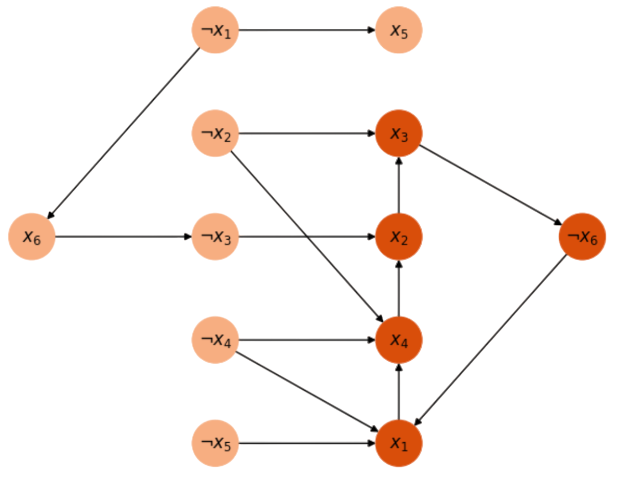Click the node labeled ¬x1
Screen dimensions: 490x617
point(215,30)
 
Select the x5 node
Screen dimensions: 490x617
point(399,30)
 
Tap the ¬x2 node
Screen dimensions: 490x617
point(215,134)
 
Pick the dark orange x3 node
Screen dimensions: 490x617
point(399,134)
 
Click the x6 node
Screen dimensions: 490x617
point(31,236)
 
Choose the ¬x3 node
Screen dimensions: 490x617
point(215,236)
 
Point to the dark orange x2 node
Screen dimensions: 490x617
point(399,236)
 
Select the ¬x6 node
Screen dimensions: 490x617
point(582,236)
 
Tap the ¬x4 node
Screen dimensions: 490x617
point(215,340)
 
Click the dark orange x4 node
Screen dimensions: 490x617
point(399,340)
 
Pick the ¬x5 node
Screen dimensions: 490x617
point(215,443)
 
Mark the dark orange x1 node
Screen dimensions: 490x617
point(399,443)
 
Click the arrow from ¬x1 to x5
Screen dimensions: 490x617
point(307,30)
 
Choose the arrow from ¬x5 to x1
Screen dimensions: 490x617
point(307,443)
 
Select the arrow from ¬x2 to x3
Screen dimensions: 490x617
point(307,134)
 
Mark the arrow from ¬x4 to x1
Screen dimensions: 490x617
point(307,391)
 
